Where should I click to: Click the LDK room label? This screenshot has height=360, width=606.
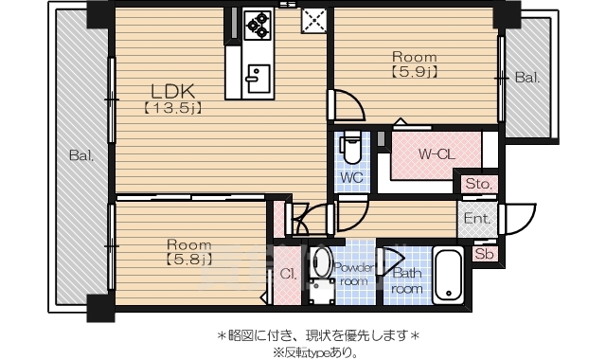point(173,91)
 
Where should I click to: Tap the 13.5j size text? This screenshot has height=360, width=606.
point(173,108)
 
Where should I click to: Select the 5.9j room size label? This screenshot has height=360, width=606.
point(414,71)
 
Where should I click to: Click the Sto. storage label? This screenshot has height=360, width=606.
point(476,183)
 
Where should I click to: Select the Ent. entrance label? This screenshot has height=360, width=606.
point(475,219)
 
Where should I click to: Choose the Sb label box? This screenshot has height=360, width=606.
point(484,254)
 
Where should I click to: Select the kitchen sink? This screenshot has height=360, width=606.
point(257,77)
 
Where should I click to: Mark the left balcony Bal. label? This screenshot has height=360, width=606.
point(80,156)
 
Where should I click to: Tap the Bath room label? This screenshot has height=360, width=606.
point(407,281)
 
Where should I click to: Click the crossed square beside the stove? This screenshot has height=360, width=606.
point(313,19)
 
